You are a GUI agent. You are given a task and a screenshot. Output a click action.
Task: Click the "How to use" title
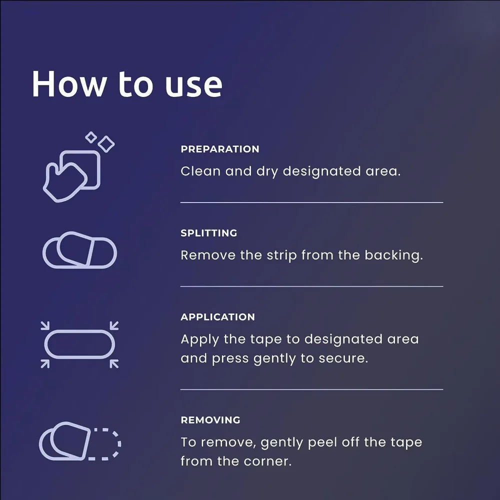pyautogui.click(x=127, y=84)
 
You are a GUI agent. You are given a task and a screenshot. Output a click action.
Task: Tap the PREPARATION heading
pyautogui.click(x=220, y=149)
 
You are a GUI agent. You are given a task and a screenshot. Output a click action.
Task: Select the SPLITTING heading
pyautogui.click(x=209, y=233)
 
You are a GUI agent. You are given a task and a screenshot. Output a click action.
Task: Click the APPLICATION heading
pyautogui.click(x=218, y=316)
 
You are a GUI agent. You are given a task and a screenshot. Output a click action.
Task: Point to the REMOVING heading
pyautogui.click(x=210, y=419)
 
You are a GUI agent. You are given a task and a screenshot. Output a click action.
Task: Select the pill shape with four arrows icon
pyautogui.click(x=79, y=344)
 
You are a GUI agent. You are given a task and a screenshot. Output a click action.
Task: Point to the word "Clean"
pyautogui.click(x=200, y=171)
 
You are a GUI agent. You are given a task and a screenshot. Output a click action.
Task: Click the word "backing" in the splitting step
pyautogui.click(x=394, y=255)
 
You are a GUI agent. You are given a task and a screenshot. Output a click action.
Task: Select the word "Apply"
pyautogui.click(x=199, y=340)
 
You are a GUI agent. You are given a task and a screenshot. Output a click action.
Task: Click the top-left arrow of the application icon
pyautogui.click(x=45, y=325)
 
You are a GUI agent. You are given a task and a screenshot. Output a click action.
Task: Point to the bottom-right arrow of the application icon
pyautogui.click(x=114, y=364)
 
